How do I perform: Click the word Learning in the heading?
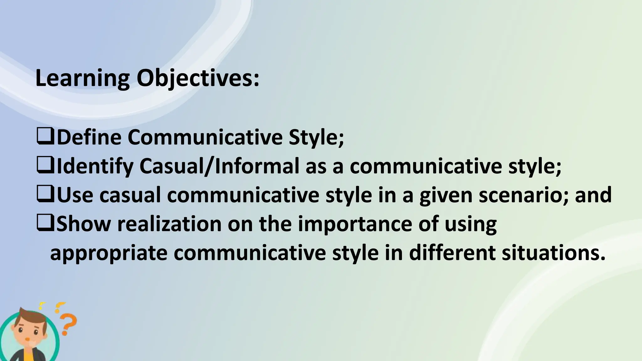click(82, 78)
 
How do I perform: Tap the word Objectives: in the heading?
click(198, 78)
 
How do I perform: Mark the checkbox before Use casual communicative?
click(46, 194)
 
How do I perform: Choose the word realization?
click(169, 224)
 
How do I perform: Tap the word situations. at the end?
click(553, 253)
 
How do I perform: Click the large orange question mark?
click(68, 324)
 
